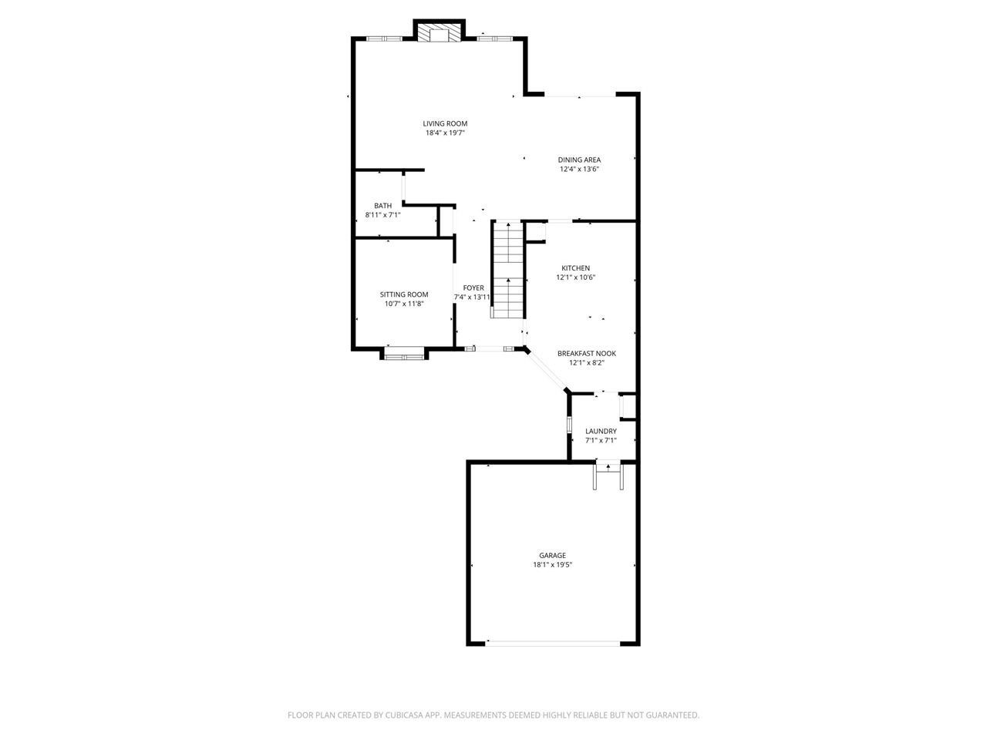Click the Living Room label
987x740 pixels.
[x=445, y=123]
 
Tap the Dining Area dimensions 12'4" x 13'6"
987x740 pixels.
[x=579, y=170]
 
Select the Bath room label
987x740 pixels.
[x=382, y=206]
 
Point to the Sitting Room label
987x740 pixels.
[x=404, y=294]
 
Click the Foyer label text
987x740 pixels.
[x=473, y=288]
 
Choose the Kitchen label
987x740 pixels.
[x=575, y=268]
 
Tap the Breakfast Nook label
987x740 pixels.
[x=587, y=354]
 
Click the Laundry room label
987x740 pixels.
[x=601, y=432]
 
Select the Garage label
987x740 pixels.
[x=552, y=555]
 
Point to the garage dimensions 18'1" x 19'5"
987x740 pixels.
[x=552, y=565]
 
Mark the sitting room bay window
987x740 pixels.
[x=404, y=355]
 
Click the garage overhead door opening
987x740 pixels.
[x=553, y=643]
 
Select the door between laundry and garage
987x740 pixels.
[x=608, y=465]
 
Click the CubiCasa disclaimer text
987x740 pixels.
[x=493, y=715]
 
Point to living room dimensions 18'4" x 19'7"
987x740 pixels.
[x=445, y=133]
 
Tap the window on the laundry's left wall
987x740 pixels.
[x=569, y=425]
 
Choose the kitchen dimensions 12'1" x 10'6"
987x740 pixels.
[x=575, y=277]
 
